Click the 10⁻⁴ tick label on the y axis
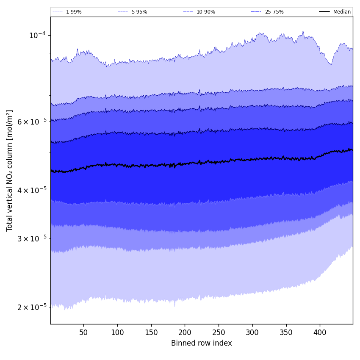pos(37,35)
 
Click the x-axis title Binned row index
pos(202,343)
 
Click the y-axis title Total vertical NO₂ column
pos(9,170)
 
